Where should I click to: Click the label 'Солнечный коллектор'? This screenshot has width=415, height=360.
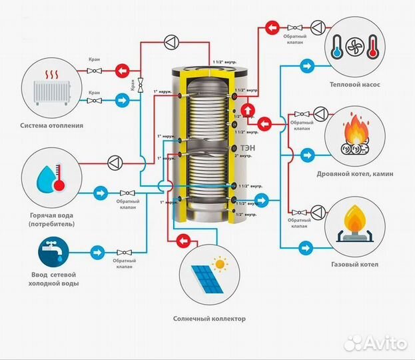point(208,319)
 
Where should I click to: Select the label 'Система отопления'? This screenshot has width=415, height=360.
point(52,125)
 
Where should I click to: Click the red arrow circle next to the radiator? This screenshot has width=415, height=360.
point(122,69)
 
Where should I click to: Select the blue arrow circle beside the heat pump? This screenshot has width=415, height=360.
point(308,66)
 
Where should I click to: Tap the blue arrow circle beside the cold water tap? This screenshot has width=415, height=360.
point(98,252)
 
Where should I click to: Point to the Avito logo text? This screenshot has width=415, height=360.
point(386,343)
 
